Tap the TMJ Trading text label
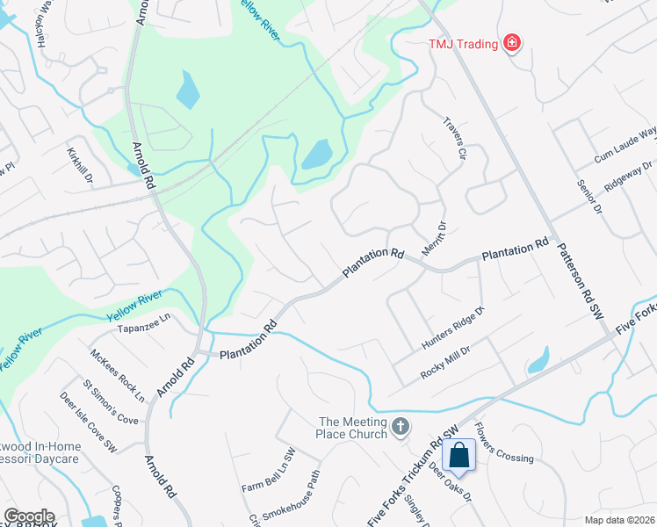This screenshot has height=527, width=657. tap(463, 44)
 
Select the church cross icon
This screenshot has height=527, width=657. tap(401, 427)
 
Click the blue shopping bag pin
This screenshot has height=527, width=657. tap(458, 456)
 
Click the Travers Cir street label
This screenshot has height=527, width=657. tap(454, 138)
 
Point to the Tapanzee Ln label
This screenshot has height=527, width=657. tap(142, 328)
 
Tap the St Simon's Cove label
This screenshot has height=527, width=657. tap(111, 402)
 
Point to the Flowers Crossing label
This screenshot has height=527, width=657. tap(504, 444)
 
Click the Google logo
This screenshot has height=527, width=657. tap(29, 516)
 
